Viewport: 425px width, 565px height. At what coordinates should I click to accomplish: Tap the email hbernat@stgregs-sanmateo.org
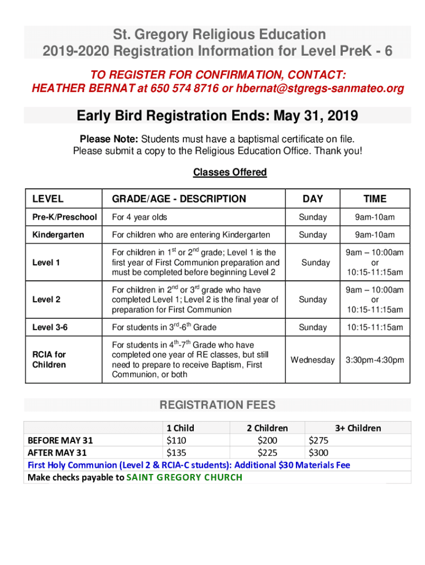(x=314, y=88)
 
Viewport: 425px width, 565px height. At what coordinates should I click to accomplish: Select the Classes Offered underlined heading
(x=230, y=172)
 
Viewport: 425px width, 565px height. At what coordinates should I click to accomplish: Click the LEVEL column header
(x=48, y=199)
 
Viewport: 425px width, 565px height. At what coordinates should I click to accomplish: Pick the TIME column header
(x=375, y=199)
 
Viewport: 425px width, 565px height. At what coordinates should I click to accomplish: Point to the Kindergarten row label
(x=58, y=235)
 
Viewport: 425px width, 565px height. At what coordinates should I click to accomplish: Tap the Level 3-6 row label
(x=50, y=327)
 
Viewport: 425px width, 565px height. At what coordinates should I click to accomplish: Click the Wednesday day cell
(x=312, y=360)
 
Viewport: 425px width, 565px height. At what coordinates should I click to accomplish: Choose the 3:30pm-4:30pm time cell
(x=375, y=360)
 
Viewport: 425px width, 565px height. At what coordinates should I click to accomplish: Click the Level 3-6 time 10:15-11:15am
(x=375, y=327)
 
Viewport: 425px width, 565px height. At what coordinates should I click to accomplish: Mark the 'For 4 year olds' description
(x=139, y=217)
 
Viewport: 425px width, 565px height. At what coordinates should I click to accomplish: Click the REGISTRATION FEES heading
(x=217, y=406)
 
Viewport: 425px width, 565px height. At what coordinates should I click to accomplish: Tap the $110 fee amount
(x=177, y=440)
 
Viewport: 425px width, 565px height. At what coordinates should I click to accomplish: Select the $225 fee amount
(x=267, y=452)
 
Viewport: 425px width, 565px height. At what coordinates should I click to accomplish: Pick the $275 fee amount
(x=318, y=440)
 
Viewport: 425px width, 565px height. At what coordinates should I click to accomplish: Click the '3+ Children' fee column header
(x=358, y=428)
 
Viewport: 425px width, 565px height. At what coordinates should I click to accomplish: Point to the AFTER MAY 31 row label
(x=57, y=452)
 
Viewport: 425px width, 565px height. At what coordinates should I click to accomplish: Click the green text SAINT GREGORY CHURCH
(x=184, y=477)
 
